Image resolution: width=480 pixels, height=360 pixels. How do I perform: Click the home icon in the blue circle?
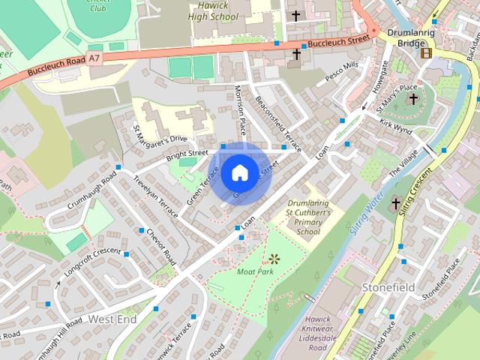coord(238,172)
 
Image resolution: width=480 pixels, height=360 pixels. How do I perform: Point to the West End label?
coord(112,319)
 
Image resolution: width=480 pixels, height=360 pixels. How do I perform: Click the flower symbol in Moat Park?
coord(274,259)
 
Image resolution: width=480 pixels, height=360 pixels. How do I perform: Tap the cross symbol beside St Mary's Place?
coord(412,98)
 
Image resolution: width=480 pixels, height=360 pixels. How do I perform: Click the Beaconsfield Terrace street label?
coord(278,121)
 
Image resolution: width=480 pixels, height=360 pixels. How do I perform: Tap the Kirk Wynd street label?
coord(396,125)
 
